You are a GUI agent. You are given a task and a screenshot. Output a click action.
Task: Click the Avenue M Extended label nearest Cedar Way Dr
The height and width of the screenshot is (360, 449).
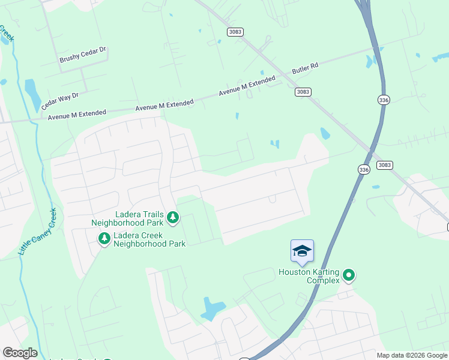point(77,114)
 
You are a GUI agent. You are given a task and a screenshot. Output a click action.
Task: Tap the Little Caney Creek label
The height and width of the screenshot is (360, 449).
point(37,232)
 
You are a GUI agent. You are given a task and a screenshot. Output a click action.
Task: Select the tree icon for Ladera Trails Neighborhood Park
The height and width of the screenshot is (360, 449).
point(173,217)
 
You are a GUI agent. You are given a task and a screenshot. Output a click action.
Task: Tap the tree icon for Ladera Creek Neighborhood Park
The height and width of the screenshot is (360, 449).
point(104,239)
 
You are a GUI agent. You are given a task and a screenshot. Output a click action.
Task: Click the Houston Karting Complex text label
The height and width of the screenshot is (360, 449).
point(309,276)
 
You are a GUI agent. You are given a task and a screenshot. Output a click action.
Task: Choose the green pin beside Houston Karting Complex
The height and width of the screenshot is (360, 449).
point(349,276)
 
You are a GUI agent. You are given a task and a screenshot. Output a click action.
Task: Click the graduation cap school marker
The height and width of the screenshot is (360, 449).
point(302,251)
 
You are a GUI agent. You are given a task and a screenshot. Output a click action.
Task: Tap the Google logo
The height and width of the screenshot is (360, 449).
point(20,353)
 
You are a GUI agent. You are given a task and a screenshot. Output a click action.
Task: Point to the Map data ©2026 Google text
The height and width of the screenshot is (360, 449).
point(412,355)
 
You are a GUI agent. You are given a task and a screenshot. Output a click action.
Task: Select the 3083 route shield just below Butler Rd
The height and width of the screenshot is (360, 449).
point(303,91)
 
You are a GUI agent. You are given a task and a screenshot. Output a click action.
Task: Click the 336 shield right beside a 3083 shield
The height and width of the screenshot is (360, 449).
point(364,170)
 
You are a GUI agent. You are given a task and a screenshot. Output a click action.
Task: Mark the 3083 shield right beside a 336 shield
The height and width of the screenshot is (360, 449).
point(384,165)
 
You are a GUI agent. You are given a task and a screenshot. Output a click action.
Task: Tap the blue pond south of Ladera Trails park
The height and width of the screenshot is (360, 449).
point(211,308)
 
